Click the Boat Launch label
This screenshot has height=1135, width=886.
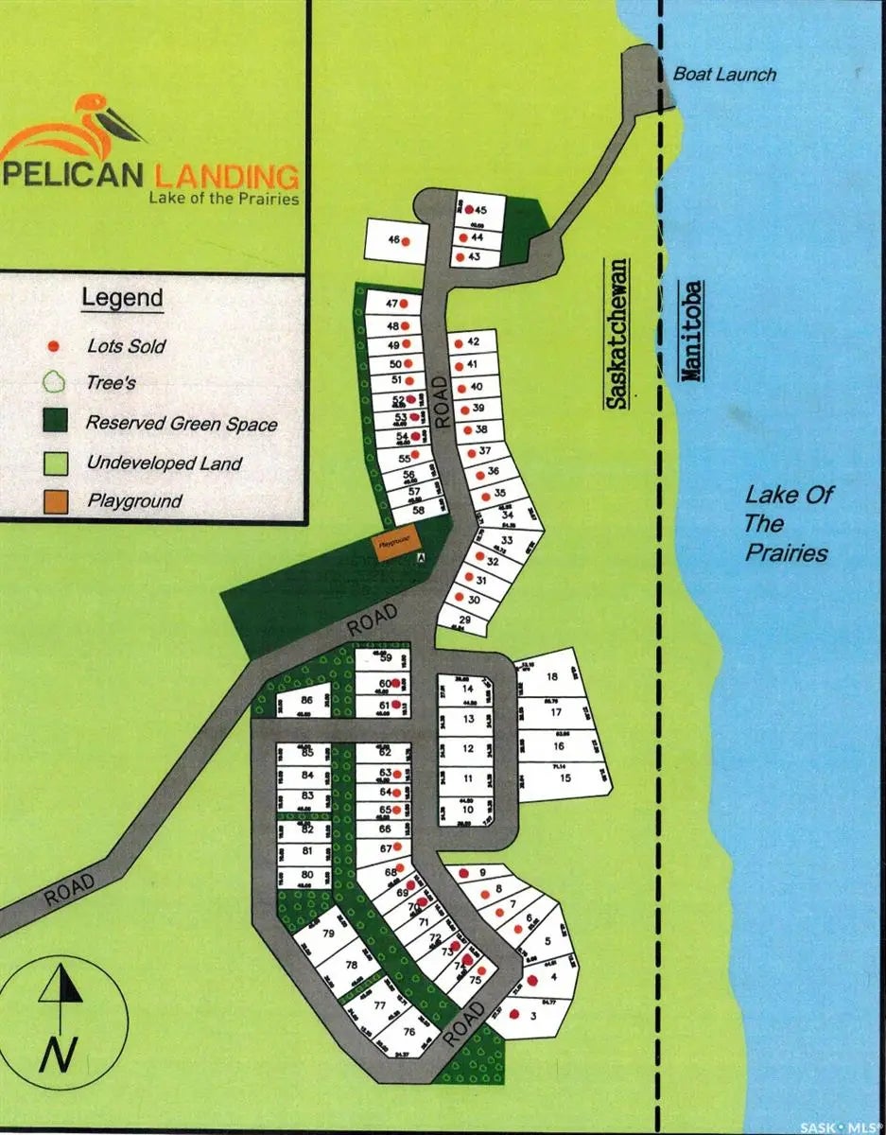point(724,74)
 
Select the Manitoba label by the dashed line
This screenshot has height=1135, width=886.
point(692,330)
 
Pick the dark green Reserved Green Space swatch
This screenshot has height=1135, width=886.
point(56,421)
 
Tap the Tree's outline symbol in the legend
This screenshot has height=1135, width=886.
point(55,383)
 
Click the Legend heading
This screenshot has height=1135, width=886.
point(122,297)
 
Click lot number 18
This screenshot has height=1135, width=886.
point(552,675)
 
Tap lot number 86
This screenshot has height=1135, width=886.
point(306,700)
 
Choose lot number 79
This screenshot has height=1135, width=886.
point(328,934)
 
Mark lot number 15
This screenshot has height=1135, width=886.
point(565,778)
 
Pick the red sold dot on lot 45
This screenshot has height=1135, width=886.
point(469,209)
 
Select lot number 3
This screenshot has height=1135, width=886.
point(534,1016)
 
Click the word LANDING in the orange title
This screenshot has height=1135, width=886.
point(225,176)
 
